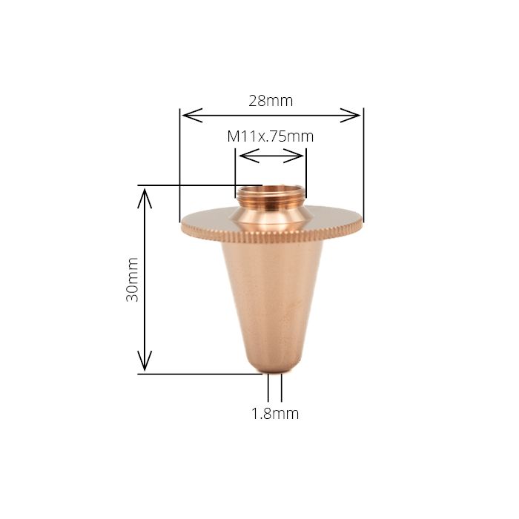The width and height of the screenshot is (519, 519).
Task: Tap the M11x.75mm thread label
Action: [x=270, y=136]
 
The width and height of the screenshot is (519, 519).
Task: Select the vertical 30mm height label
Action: [x=133, y=280]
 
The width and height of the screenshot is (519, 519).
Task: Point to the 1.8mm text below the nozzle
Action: [x=275, y=414]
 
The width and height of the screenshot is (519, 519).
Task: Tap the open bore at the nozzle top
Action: [x=271, y=190]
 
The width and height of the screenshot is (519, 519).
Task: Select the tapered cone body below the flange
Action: [x=272, y=297]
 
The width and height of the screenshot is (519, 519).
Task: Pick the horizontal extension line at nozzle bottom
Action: [x=200, y=374]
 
